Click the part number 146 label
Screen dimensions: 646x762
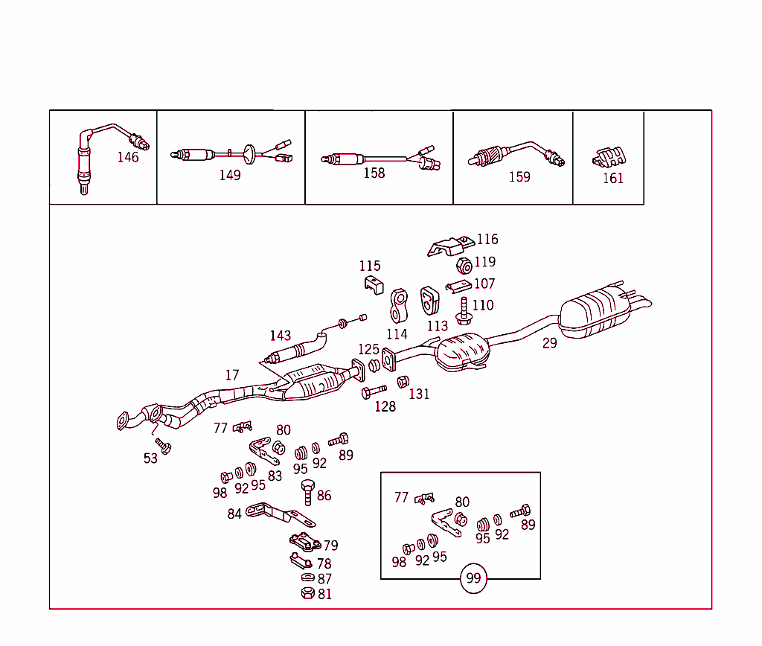(x=128, y=157)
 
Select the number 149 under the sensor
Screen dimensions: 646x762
(x=230, y=176)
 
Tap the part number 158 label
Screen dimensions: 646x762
(x=374, y=173)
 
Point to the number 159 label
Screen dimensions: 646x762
(x=519, y=177)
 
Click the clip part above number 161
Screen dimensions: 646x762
(x=609, y=157)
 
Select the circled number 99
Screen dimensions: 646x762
(x=473, y=578)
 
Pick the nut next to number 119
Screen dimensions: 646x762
(x=462, y=265)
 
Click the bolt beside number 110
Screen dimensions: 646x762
(x=463, y=310)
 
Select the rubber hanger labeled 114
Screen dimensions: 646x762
(x=400, y=306)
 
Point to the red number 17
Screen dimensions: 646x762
(x=232, y=375)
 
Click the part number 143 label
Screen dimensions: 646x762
(x=281, y=336)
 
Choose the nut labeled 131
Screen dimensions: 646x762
(x=403, y=382)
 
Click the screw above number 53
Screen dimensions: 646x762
(x=164, y=445)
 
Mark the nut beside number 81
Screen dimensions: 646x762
(x=306, y=593)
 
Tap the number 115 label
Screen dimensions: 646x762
(x=370, y=266)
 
